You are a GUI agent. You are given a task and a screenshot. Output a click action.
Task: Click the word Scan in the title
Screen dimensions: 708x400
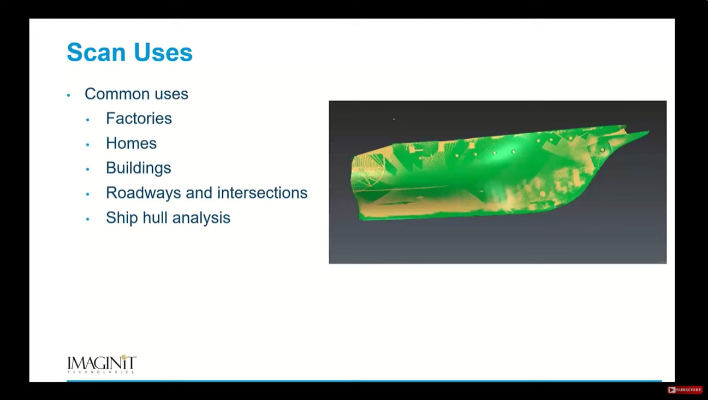coord(97,52)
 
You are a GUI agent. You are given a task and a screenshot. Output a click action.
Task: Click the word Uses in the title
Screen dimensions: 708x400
coord(163,52)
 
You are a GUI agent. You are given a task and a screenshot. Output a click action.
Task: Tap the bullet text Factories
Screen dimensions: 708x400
coord(139,119)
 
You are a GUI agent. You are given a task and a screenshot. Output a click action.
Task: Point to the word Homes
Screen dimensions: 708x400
coord(131,143)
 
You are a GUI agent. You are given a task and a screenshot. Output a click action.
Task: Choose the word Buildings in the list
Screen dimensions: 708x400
coord(139,168)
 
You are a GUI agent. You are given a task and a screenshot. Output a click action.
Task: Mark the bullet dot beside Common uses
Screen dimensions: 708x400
coord(69,95)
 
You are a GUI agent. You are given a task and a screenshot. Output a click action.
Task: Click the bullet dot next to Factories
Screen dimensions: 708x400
coord(88,120)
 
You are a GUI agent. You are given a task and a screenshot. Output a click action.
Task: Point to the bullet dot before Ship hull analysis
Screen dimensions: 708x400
coord(88,219)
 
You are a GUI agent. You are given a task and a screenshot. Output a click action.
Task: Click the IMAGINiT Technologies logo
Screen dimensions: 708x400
coord(102,364)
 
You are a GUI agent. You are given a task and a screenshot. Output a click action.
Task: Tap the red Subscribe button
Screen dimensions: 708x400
coord(685,390)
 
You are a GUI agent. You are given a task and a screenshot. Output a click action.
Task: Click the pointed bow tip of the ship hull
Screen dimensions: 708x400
coord(649,131)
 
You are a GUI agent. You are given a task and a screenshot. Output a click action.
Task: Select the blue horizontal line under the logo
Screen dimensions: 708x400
coord(364,381)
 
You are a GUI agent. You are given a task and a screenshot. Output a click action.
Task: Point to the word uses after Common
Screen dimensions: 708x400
coord(171,95)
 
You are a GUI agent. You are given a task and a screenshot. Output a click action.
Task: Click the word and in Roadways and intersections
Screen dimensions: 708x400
coord(199,193)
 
